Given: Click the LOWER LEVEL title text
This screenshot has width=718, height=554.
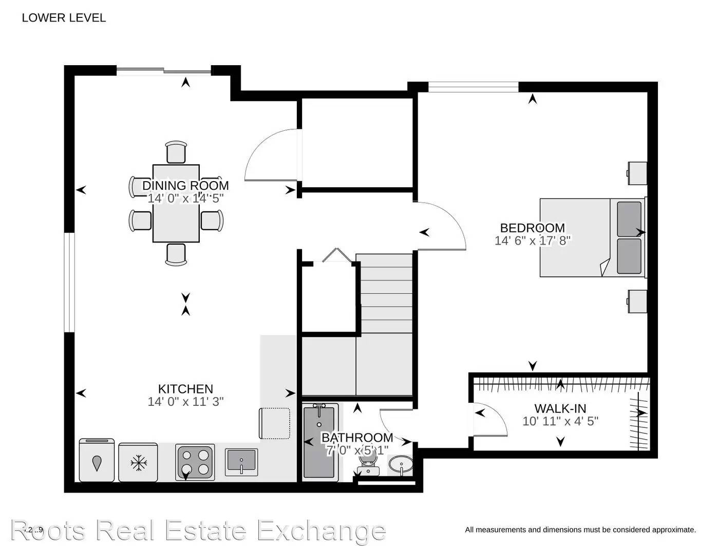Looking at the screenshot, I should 64,18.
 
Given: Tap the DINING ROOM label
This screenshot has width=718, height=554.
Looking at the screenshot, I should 185,186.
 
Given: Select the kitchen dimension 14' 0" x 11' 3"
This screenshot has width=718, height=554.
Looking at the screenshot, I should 185,402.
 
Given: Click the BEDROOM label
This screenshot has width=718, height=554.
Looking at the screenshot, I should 532,228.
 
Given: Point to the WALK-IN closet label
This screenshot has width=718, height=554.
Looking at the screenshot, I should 560,408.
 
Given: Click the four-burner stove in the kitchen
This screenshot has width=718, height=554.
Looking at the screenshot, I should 195,462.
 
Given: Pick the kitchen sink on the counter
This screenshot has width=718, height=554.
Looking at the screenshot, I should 241,461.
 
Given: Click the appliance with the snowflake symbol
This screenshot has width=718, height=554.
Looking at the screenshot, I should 138,463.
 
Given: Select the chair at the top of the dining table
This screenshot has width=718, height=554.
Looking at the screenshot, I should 177,152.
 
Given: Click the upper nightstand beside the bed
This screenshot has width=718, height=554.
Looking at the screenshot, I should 636,173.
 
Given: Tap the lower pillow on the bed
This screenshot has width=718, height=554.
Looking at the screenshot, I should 629,255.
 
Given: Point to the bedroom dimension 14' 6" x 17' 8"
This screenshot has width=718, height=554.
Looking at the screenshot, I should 532,241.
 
